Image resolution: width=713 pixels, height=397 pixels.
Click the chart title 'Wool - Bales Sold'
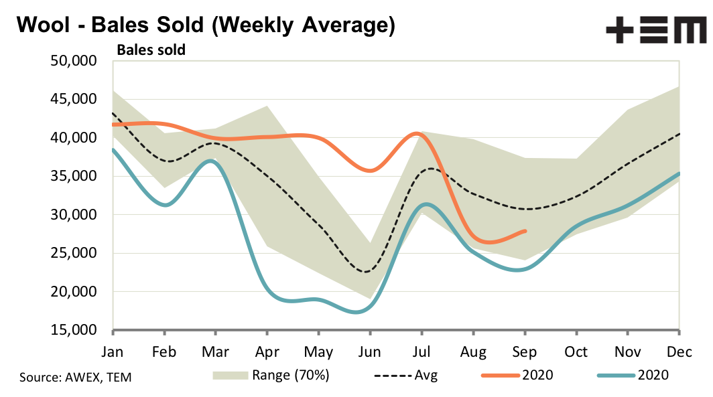click(205, 25)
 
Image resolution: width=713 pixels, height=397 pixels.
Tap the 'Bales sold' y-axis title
click(151, 50)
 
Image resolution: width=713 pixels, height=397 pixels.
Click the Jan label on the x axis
click(113, 352)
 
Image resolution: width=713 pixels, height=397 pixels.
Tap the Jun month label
click(369, 352)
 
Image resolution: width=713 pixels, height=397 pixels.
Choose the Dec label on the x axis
click(679, 352)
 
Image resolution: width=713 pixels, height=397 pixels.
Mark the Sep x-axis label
click(525, 352)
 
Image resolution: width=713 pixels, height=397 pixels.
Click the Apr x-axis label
click(267, 352)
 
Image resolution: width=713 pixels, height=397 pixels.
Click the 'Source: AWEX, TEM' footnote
click(76, 378)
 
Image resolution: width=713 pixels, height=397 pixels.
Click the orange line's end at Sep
click(525, 231)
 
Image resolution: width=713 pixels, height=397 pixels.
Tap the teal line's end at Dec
click(679, 173)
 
